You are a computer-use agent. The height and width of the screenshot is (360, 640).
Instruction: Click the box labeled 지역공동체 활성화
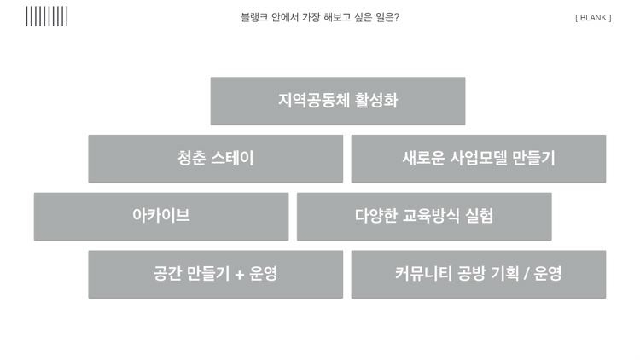click(x=338, y=101)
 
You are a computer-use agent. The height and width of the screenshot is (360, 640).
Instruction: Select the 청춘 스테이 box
click(x=215, y=159)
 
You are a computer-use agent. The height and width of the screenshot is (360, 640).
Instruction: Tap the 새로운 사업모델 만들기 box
click(x=478, y=159)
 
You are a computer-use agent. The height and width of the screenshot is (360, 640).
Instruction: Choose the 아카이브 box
click(x=161, y=216)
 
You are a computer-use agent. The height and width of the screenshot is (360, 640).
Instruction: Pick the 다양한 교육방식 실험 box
click(x=424, y=216)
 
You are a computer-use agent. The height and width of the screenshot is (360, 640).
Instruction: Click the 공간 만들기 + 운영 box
click(x=215, y=274)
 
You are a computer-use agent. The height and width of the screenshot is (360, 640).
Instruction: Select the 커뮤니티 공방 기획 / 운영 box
click(x=478, y=274)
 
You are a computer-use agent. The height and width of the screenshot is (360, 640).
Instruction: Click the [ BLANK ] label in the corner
click(x=593, y=17)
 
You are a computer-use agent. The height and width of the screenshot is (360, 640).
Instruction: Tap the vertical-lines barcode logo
click(x=47, y=16)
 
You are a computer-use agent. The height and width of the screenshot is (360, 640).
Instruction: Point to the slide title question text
click(x=320, y=17)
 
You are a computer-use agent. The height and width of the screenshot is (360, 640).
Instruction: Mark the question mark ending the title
click(x=396, y=17)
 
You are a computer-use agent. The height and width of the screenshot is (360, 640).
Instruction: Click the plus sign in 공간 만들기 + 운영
click(x=239, y=275)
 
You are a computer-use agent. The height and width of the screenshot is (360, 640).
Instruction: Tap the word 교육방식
click(x=436, y=216)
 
